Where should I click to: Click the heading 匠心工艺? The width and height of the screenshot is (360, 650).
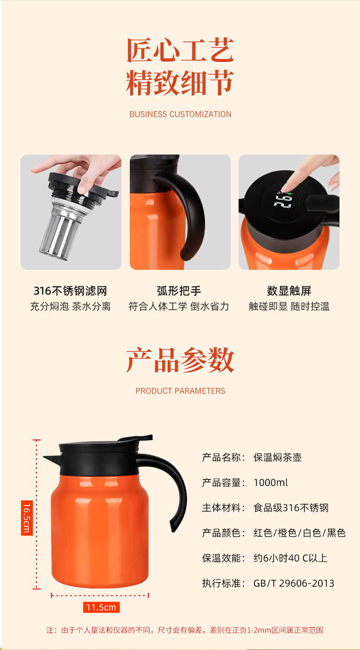[x=180, y=50]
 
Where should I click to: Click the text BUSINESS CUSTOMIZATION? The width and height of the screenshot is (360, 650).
[x=180, y=114]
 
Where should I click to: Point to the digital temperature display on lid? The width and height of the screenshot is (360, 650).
[x=283, y=200]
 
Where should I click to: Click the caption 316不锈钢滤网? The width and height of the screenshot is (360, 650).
[x=70, y=291]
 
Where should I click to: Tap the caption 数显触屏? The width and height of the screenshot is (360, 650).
[x=289, y=291]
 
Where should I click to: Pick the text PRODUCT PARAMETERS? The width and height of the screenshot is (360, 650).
[x=180, y=391]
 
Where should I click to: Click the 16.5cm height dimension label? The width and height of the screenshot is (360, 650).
[x=27, y=518]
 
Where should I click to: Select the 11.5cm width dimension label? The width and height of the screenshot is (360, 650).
[x=101, y=607]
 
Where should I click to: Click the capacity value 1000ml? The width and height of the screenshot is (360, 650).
[x=271, y=483]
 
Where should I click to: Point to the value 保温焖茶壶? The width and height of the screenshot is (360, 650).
[x=278, y=458]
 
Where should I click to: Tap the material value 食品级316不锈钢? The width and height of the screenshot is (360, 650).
[x=291, y=508]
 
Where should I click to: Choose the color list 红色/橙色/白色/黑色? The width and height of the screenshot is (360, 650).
[x=299, y=533]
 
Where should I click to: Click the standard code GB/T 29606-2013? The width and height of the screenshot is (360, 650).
[x=293, y=583]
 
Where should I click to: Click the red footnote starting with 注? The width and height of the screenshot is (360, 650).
[x=185, y=630]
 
